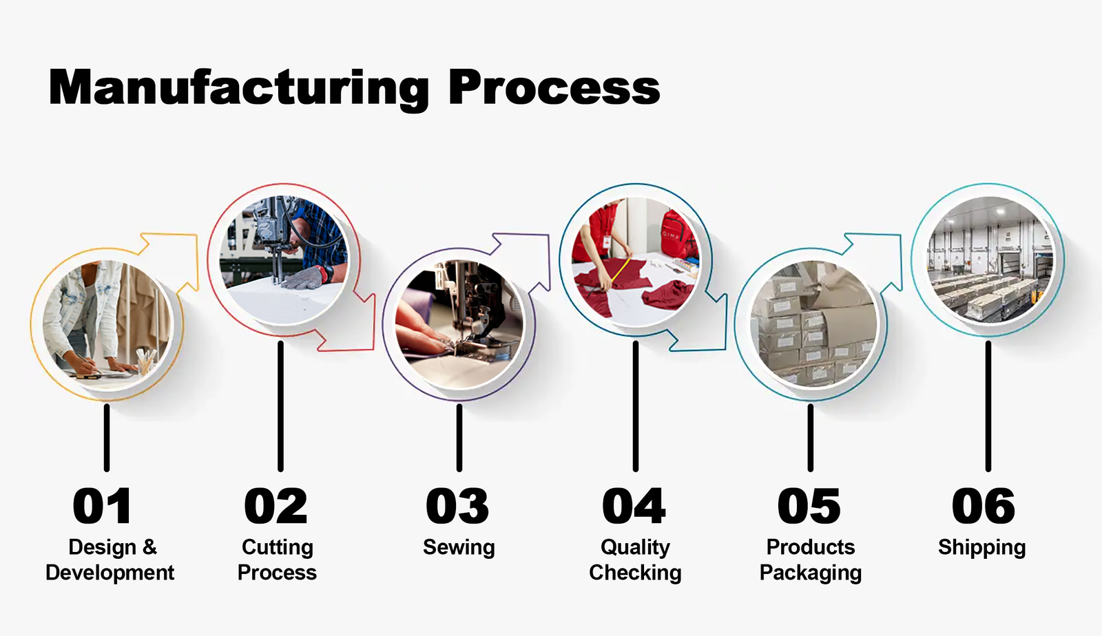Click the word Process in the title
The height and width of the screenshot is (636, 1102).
click(554, 88)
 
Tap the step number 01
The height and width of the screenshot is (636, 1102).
click(102, 507)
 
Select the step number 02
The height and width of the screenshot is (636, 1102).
click(276, 507)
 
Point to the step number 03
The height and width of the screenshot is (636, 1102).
click(457, 507)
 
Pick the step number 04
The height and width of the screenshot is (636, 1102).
click(634, 507)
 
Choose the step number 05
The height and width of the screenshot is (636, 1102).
click(809, 507)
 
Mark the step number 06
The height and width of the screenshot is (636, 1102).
click(984, 507)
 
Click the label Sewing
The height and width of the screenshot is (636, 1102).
click(459, 547)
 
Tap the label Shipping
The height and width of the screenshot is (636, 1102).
click(981, 548)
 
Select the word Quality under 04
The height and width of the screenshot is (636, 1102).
click(635, 548)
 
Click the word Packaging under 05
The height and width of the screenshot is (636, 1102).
click(811, 573)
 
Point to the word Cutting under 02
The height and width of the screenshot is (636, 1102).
click(278, 547)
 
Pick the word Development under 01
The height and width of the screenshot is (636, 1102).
click(110, 573)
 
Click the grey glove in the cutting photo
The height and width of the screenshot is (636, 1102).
click(304, 277)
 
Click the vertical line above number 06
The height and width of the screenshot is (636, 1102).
click(988, 406)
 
